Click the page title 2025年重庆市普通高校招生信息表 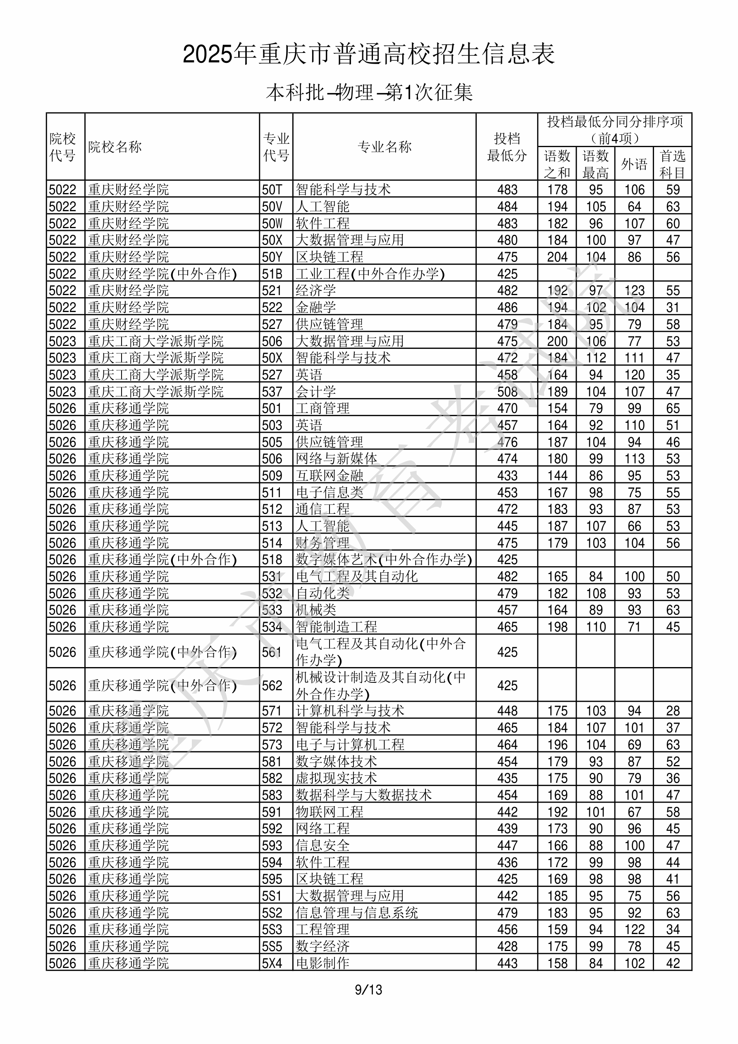[x=368, y=55]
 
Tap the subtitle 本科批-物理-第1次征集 [x=369, y=93]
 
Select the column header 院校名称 [x=115, y=147]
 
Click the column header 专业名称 [x=385, y=147]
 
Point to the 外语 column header [x=634, y=164]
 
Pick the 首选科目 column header [x=673, y=164]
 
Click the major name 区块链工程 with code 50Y [x=330, y=257]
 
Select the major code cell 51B [x=272, y=274]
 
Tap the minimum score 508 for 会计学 [x=507, y=391]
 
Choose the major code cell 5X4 [x=272, y=963]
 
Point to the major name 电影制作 [x=322, y=963]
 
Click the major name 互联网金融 [x=330, y=476]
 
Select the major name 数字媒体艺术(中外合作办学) [x=384, y=560]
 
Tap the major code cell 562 [x=272, y=686]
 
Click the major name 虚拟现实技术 [x=336, y=778]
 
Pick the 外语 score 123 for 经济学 [x=634, y=291]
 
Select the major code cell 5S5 [x=272, y=946]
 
